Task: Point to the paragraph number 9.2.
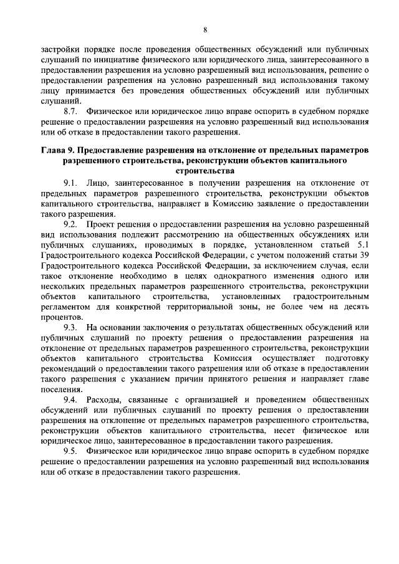pyautogui.click(x=71, y=222)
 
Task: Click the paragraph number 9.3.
pyautogui.click(x=71, y=328)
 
